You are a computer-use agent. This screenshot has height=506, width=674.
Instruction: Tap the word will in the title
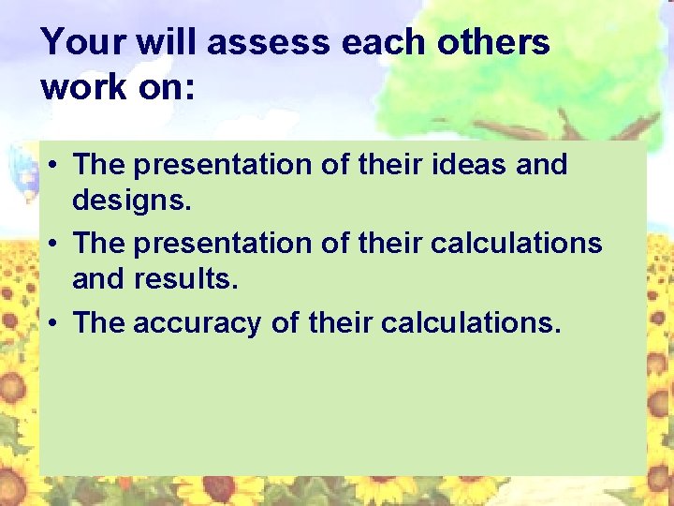(x=172, y=43)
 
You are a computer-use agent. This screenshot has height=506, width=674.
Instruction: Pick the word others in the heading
(x=505, y=43)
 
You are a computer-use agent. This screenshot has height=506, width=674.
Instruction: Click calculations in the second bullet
(x=516, y=244)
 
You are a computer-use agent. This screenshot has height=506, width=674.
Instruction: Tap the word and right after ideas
(x=540, y=165)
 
